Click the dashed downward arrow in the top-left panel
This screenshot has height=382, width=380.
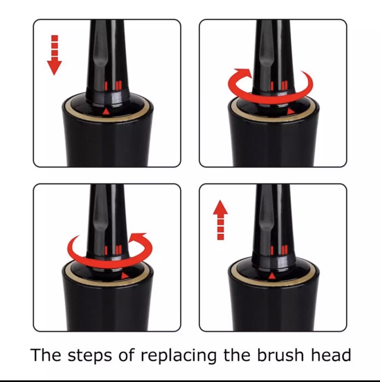54,55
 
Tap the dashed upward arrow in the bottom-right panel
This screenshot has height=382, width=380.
220,220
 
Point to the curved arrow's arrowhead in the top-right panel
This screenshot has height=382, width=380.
243,73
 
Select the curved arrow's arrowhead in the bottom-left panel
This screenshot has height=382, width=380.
138,238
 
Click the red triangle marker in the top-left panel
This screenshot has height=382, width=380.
106,112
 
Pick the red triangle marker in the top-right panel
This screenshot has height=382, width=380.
291,112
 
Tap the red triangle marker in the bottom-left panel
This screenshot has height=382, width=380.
125,276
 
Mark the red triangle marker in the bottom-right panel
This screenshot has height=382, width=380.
272,276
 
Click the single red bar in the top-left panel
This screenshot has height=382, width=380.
106,86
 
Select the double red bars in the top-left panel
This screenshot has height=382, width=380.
119,86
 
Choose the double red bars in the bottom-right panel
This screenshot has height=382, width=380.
285,250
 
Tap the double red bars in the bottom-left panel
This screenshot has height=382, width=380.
119,250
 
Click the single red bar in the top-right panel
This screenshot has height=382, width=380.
272,86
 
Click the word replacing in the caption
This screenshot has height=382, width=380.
178,356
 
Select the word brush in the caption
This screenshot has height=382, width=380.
280,355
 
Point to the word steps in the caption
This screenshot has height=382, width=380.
89,356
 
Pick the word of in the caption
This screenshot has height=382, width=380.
126,355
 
